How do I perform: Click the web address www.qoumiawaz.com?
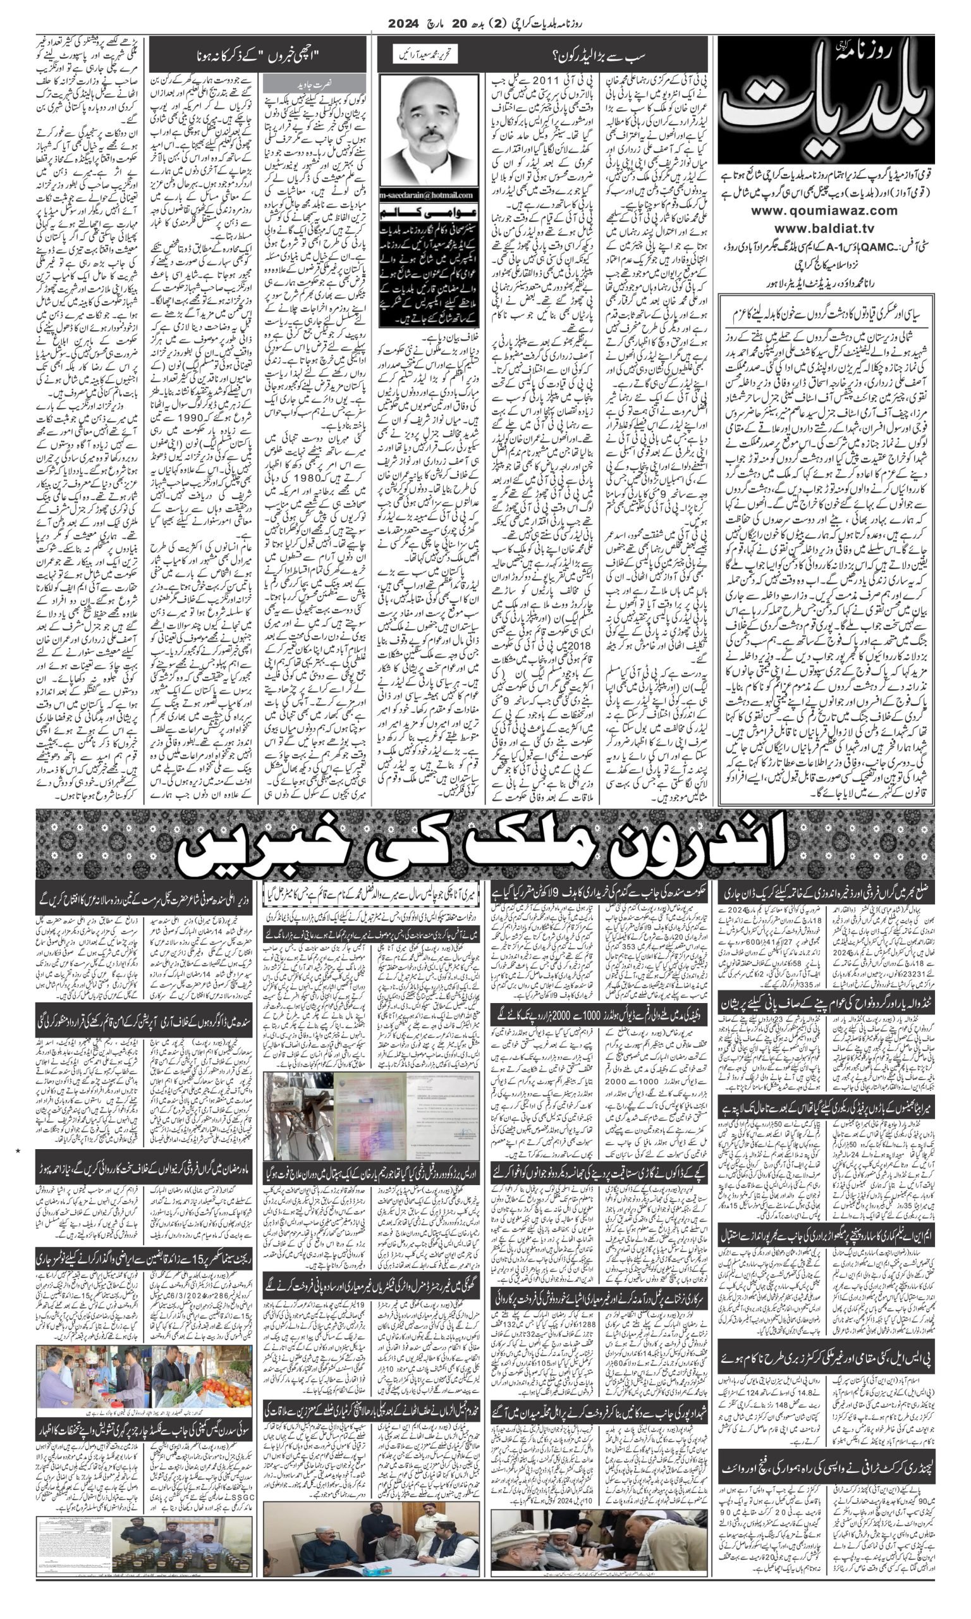click(x=824, y=211)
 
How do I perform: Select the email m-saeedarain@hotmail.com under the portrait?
click(x=429, y=194)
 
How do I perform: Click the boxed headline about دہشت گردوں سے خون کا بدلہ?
click(x=827, y=314)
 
